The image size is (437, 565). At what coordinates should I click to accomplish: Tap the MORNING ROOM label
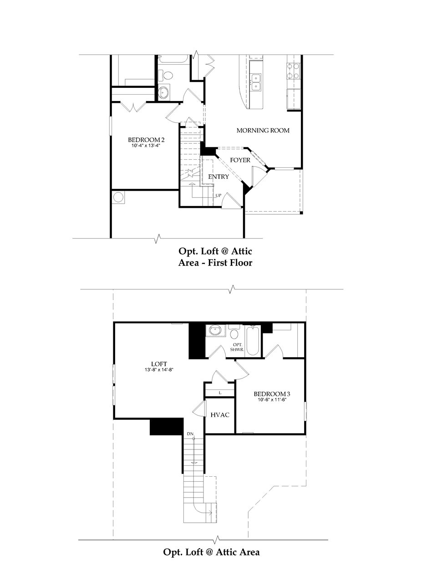click(x=263, y=131)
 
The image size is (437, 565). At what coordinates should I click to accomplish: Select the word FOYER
click(x=240, y=160)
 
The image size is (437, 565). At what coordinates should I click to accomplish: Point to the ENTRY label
click(x=218, y=177)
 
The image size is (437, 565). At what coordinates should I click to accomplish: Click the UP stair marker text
click(x=218, y=195)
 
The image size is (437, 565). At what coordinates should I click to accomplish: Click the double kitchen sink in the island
click(x=256, y=82)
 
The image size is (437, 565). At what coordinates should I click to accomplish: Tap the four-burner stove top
click(x=293, y=71)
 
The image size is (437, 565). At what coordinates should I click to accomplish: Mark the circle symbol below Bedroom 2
click(x=119, y=198)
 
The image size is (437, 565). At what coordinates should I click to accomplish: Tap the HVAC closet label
click(x=219, y=415)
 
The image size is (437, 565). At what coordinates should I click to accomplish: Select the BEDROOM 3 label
click(x=272, y=393)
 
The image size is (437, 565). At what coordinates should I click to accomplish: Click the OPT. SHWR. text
click(x=238, y=347)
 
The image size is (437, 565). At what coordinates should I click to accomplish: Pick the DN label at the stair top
click(x=190, y=434)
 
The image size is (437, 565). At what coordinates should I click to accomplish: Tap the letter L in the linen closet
click(x=220, y=392)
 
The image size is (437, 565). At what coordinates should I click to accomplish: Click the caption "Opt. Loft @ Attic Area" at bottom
click(x=211, y=552)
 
